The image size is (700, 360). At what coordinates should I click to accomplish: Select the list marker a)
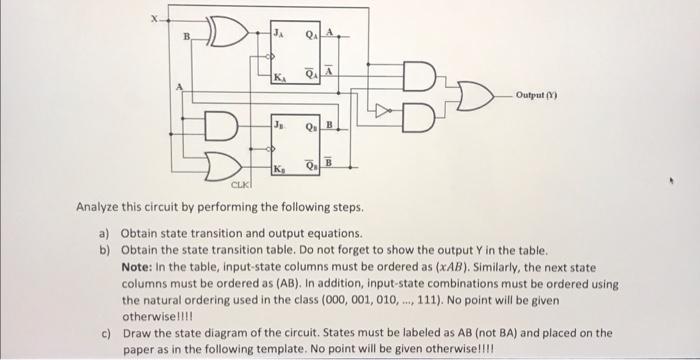coord(104,235)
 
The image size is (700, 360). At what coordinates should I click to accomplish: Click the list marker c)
coord(104,331)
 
